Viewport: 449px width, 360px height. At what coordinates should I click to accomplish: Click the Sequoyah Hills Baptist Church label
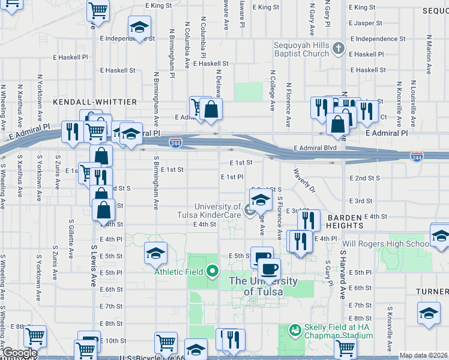tap(300, 49)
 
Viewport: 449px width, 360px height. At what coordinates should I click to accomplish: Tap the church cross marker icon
tap(338, 48)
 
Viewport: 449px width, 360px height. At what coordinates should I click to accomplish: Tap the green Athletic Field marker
tap(212, 271)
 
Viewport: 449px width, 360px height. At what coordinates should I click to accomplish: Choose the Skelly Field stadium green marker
tap(295, 330)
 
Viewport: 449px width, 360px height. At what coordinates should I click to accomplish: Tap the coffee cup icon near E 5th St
tap(268, 267)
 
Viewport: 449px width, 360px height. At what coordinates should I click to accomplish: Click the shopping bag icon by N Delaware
tap(211, 109)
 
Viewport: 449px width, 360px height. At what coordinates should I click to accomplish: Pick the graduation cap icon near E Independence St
tap(139, 28)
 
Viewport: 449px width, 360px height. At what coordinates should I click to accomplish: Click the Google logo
tap(20, 353)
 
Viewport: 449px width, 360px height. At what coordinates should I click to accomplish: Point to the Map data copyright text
tap(423, 355)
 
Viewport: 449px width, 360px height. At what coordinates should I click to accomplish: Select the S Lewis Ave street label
tap(94, 264)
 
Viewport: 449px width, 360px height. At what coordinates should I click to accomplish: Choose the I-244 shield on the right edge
tap(417, 157)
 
